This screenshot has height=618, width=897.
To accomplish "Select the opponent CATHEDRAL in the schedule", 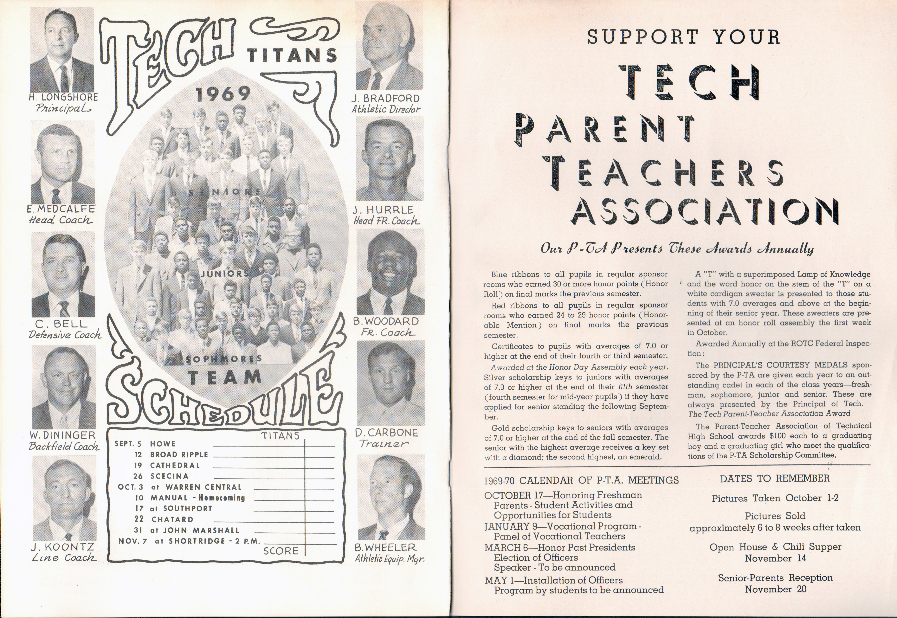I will tap(175, 465).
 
